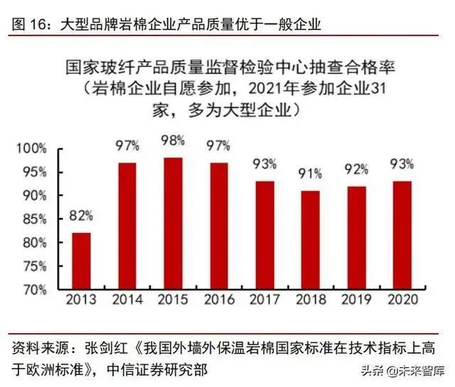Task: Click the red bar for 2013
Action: click(81, 261)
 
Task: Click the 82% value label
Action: click(80, 214)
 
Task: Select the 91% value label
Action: click(310, 173)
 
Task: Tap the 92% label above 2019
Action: click(356, 169)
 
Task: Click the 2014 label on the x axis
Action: click(127, 300)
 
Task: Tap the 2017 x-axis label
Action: click(264, 300)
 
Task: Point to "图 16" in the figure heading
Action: click(29, 25)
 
